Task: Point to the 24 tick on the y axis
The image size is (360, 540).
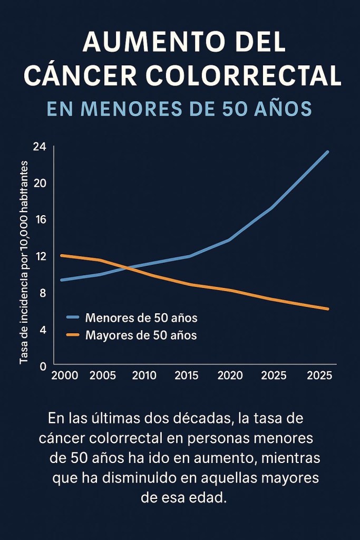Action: tap(40, 147)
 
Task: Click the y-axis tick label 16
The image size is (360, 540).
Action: tap(40, 219)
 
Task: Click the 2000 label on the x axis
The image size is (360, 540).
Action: tap(65, 375)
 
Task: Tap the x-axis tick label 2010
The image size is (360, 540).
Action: tap(144, 375)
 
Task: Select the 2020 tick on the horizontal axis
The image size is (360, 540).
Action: tap(230, 375)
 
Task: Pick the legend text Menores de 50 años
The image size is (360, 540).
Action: tap(141, 318)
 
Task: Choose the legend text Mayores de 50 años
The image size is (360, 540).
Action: tap(141, 335)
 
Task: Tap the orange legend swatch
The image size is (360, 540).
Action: tap(73, 335)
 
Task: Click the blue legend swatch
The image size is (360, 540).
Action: tap(73, 318)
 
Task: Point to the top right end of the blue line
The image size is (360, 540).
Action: tap(327, 152)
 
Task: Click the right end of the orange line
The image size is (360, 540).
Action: tap(327, 309)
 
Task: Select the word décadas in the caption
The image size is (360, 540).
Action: tap(205, 419)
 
